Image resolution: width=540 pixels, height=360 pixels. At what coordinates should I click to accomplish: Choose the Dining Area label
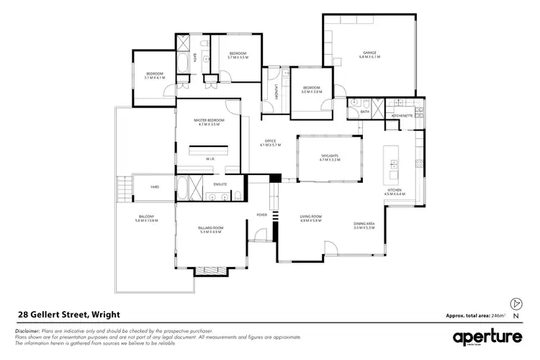363,224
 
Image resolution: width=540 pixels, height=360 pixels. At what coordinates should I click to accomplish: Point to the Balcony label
146,218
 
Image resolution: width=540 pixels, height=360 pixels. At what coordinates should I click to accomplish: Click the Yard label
154,186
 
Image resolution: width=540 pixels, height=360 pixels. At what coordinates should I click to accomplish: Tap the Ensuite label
220,185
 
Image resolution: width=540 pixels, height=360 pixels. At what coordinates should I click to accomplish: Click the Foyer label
261,215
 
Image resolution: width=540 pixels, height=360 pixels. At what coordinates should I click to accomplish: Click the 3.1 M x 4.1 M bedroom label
155,75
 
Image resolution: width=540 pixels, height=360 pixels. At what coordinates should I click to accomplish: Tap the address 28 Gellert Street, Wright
68,315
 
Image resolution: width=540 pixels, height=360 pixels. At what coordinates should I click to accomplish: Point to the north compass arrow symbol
514,304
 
